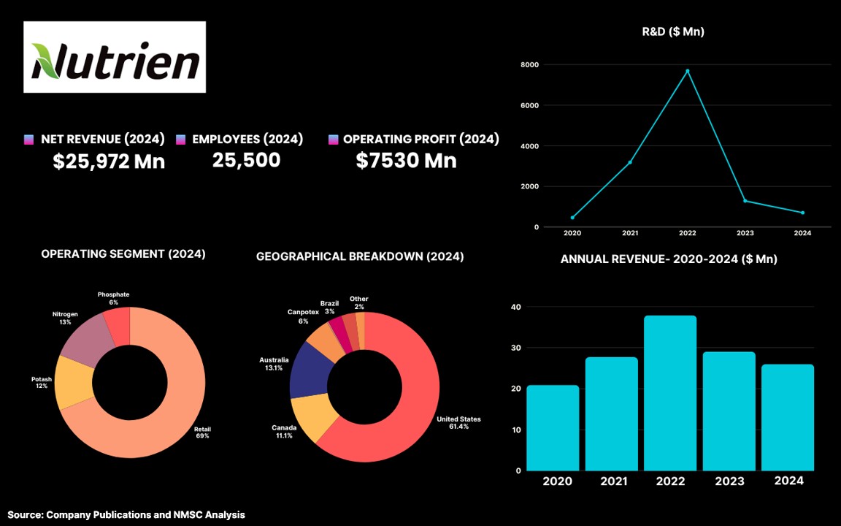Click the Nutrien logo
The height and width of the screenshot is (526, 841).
[x=115, y=58]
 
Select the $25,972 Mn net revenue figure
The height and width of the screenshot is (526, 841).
[x=109, y=161]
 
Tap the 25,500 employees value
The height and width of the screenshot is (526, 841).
[x=246, y=160]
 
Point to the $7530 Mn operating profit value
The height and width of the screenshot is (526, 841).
[x=406, y=161]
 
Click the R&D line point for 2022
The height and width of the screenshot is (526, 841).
[x=687, y=71]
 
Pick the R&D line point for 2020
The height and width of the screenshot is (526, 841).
[x=572, y=218]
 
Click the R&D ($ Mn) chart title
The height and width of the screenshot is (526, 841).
[x=672, y=31]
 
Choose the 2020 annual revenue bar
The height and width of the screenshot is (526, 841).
[x=553, y=427]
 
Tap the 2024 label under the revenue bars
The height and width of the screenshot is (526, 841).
[x=788, y=481]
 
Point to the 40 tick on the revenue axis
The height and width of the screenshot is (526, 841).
[x=516, y=307]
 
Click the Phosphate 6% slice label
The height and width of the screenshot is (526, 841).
[x=113, y=298]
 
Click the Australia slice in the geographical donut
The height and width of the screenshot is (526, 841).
[x=307, y=369]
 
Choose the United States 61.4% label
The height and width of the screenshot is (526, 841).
[x=458, y=422]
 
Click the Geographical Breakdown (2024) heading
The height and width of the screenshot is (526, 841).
[x=360, y=257]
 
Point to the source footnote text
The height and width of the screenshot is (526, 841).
[x=126, y=515]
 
